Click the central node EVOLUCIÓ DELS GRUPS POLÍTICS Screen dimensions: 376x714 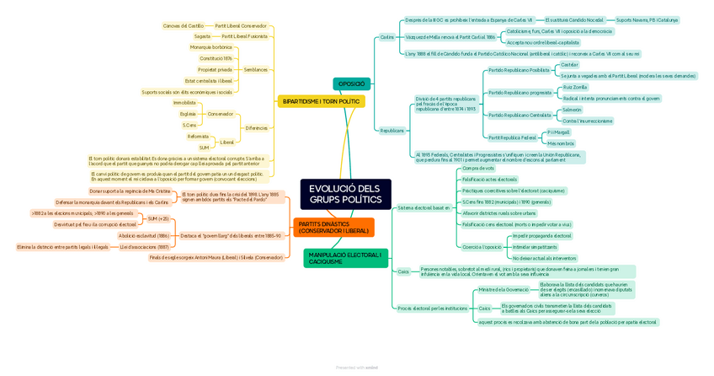point(345,195)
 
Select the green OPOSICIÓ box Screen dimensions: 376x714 point(351,83)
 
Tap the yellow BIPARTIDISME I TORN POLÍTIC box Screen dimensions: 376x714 point(321,101)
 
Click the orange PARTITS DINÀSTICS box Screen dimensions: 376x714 point(333,228)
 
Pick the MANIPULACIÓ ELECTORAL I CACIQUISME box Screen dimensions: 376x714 point(345,258)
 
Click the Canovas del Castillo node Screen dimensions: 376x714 point(183,26)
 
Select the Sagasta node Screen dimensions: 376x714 point(202,36)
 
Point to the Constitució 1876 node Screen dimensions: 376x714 point(216,58)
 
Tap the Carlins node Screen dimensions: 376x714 point(387,37)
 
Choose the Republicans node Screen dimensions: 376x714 point(392,131)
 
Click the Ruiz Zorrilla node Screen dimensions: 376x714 point(575,87)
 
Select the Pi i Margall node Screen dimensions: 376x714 point(558,132)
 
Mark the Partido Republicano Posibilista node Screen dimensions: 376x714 point(519,71)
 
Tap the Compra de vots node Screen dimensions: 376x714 point(478,169)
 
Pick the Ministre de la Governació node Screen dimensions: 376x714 point(504,289)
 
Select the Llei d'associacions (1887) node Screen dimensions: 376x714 point(144,247)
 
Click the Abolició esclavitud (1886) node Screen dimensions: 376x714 point(144,236)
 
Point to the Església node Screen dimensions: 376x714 point(188,114)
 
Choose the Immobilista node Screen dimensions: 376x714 point(184,103)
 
